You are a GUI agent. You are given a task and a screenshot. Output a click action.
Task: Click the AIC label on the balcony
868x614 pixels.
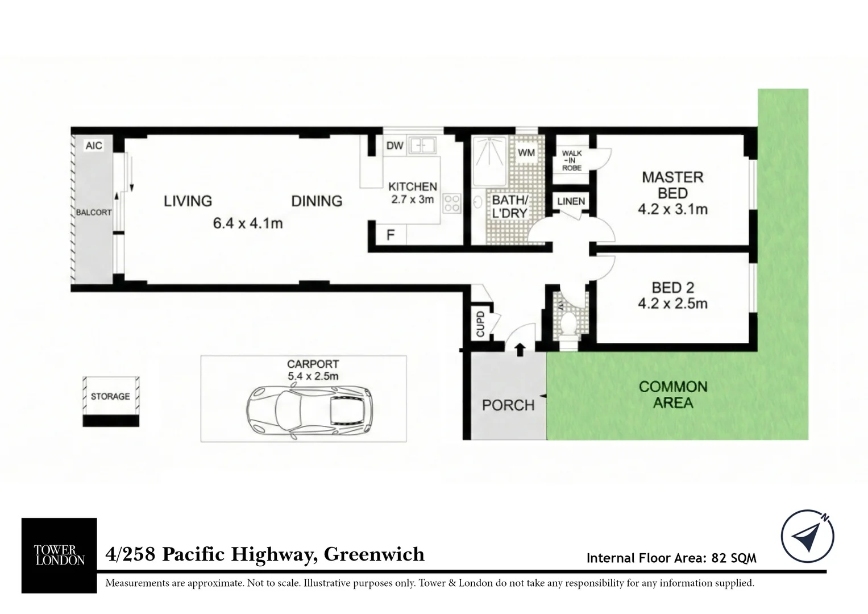pyautogui.click(x=94, y=146)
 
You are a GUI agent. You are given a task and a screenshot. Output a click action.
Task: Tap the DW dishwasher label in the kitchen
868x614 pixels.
pyautogui.click(x=394, y=146)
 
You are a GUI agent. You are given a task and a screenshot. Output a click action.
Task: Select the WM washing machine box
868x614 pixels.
pyautogui.click(x=526, y=152)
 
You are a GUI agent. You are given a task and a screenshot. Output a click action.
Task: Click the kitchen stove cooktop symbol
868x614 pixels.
pyautogui.click(x=452, y=204)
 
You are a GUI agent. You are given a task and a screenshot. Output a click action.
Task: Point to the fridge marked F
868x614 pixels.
pyautogui.click(x=391, y=234)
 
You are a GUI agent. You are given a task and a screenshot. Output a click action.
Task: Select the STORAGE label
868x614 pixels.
pyautogui.click(x=110, y=396)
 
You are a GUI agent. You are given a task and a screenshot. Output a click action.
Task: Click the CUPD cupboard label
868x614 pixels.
pyautogui.click(x=480, y=323)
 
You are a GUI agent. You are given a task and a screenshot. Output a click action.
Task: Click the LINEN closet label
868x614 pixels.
pyautogui.click(x=571, y=201)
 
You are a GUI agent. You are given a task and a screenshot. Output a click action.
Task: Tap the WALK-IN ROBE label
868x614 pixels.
pyautogui.click(x=572, y=160)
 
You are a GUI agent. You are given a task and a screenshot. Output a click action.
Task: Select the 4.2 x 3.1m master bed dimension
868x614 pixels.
pyautogui.click(x=672, y=209)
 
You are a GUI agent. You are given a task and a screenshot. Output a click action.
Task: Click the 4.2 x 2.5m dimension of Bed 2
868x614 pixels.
pyautogui.click(x=672, y=304)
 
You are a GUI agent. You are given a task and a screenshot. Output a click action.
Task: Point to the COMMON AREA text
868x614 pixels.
pyautogui.click(x=673, y=395)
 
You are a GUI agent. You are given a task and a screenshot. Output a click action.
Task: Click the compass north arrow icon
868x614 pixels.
pyautogui.click(x=807, y=536)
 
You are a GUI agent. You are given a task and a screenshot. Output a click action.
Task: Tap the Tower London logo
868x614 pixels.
pyautogui.click(x=59, y=555)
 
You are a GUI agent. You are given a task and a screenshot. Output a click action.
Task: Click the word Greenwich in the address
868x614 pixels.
pyautogui.click(x=374, y=554)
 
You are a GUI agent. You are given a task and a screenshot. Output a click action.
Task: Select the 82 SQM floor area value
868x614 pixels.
pyautogui.click(x=734, y=558)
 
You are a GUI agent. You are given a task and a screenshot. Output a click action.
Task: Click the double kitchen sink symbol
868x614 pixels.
pyautogui.click(x=422, y=146)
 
